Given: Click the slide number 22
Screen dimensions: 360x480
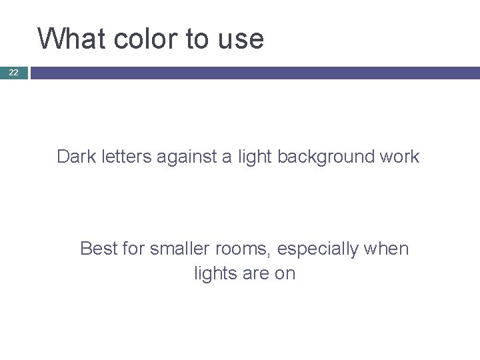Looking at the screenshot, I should [13, 73].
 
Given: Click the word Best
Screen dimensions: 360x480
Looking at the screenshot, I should [97, 249].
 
